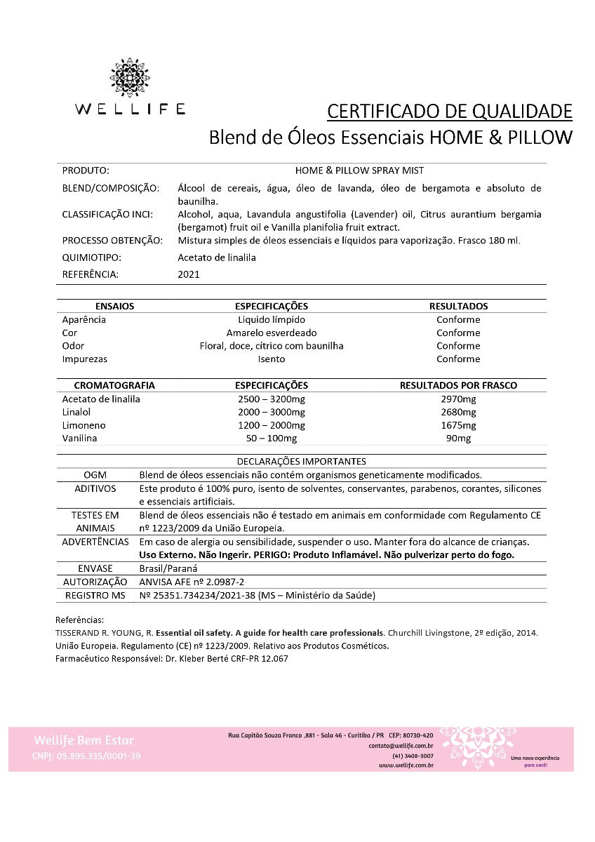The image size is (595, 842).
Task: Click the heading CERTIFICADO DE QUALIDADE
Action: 450,111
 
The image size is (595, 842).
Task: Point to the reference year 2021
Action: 189,274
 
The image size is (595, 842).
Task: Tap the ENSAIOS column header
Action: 114,306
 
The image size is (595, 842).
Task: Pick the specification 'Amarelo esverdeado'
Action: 271,333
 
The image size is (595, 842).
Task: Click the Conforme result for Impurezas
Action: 458,359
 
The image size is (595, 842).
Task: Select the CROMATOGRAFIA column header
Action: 114,385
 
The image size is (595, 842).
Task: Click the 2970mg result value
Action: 458,399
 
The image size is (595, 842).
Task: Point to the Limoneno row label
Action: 83,425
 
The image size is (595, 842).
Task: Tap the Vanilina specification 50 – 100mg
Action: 271,438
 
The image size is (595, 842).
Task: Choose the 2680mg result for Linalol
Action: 458,412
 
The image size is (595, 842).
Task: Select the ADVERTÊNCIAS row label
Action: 95,542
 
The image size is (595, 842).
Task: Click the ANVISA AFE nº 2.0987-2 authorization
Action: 192,582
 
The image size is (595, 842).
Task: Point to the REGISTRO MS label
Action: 95,595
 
